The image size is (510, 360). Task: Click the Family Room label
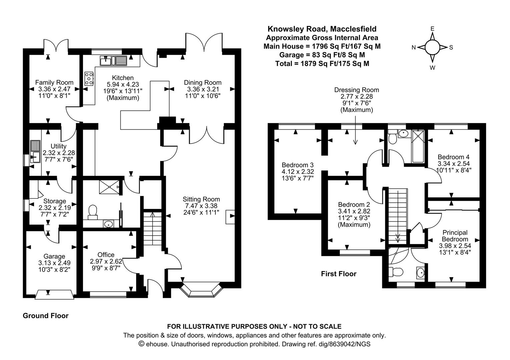pyautogui.click(x=54, y=82)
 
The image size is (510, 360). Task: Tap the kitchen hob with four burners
pyautogui.click(x=89, y=78)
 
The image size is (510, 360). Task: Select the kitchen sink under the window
pyautogui.click(x=113, y=61)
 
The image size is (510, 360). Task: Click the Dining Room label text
pyautogui.click(x=202, y=82)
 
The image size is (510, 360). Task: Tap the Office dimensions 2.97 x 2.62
pyautogui.click(x=106, y=261)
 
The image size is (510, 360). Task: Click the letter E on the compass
pyautogui.click(x=432, y=29)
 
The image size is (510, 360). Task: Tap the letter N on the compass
pyautogui.click(x=414, y=48)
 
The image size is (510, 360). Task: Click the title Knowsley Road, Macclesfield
pyautogui.click(x=322, y=29)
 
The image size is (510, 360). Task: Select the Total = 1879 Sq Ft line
pyautogui.click(x=322, y=64)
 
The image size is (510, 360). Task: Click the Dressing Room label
pyautogui.click(x=357, y=90)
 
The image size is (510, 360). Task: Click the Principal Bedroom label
pyautogui.click(x=455, y=236)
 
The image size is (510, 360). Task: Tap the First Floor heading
pyautogui.click(x=339, y=274)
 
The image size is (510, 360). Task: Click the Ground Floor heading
pyautogui.click(x=45, y=316)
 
